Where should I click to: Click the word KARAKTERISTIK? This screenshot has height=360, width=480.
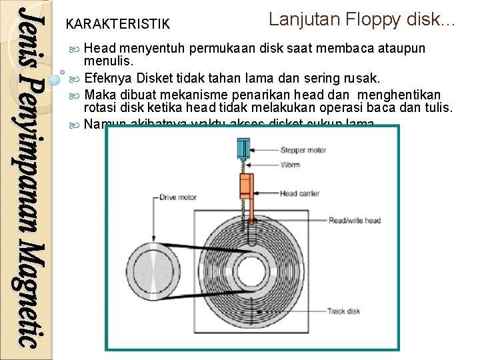click(118, 25)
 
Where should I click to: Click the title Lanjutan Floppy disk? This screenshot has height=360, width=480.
click(361, 19)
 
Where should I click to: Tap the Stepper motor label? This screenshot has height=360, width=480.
click(303, 151)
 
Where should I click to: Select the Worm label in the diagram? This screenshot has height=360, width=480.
click(290, 165)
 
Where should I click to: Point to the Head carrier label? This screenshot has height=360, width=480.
click(299, 194)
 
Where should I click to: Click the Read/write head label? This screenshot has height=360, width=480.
click(354, 221)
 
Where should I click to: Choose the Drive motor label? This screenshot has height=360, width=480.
click(179, 197)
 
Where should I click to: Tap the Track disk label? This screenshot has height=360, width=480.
click(344, 311)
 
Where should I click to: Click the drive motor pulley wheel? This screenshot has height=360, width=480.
click(155, 273)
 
